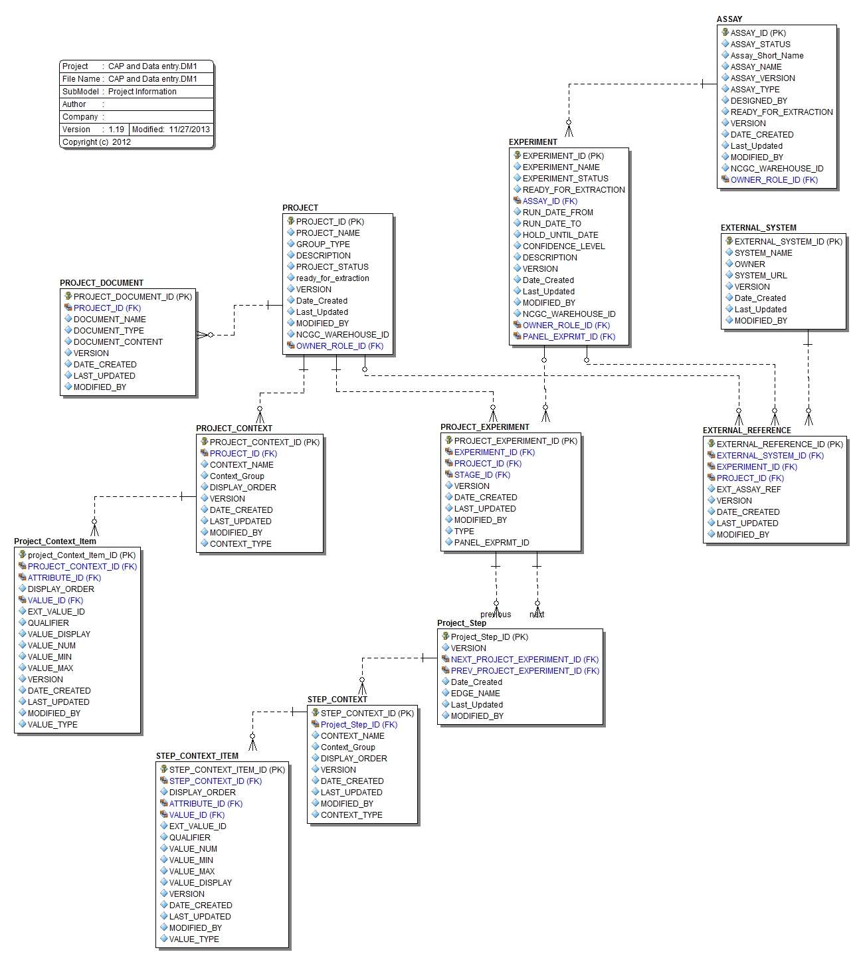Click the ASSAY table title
click(729, 19)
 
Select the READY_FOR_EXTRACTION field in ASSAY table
click(781, 112)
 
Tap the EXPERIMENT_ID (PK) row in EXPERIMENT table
click(563, 156)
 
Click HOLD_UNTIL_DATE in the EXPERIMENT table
click(560, 235)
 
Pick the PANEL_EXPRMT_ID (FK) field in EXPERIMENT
click(569, 337)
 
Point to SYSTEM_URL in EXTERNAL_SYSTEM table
click(760, 276)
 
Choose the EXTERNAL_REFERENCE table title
click(747, 431)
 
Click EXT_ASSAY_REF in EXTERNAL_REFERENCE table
click(749, 490)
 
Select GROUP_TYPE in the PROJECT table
click(322, 244)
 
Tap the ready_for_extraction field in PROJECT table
click(332, 278)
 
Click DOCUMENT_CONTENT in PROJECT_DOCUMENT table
click(118, 342)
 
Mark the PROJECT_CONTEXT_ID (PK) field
click(264, 442)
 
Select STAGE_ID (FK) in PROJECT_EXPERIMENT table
click(482, 475)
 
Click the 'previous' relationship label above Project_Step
click(496, 615)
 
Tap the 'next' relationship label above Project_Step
click(537, 615)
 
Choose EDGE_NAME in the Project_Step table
click(475, 694)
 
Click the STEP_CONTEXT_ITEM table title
click(197, 756)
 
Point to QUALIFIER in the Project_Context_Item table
click(48, 623)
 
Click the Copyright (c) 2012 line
click(97, 142)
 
